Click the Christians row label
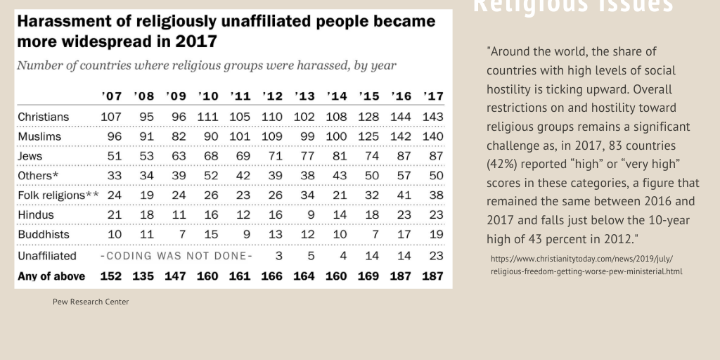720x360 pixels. pos(43,117)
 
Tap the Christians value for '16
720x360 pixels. pos(401,117)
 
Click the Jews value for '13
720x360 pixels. pos(304,156)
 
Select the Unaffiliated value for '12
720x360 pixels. pos(279,256)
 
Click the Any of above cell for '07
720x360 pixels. pos(110,276)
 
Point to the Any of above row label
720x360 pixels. pos(51,276)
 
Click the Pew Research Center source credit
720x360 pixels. pos(91,302)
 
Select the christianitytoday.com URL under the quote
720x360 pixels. pos(586,264)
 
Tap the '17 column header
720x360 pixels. pos(433,96)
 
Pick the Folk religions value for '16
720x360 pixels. pos(401,195)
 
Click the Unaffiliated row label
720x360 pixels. pos(47,256)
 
